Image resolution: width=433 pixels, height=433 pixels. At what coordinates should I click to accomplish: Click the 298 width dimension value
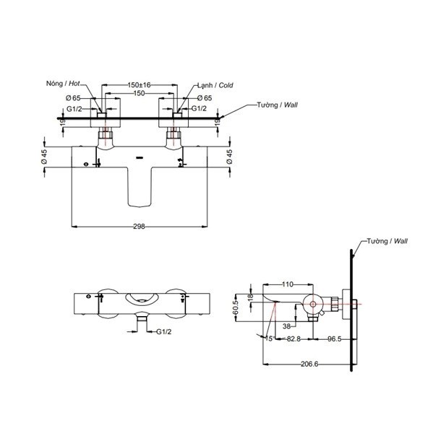140,226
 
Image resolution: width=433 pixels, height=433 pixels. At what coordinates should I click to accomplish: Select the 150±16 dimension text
140,84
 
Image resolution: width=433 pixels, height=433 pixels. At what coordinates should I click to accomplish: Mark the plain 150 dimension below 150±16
140,94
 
